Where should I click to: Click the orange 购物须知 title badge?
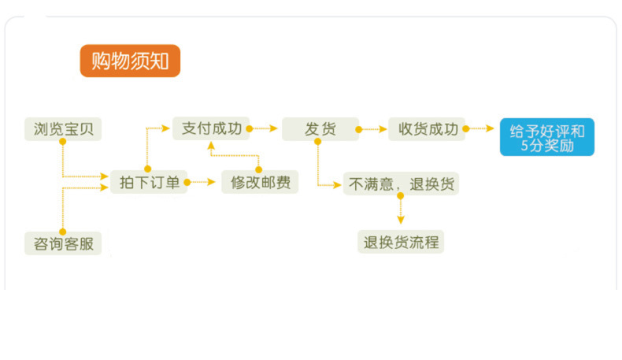130,61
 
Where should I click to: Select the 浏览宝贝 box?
63,129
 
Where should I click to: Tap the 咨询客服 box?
63,243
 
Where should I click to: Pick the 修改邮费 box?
260,183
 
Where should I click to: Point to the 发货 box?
320,129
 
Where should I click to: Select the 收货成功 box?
427,129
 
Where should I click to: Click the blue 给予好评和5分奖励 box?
547,137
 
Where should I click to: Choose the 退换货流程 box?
400,243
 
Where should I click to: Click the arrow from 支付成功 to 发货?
266,128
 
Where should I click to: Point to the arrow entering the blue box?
482,128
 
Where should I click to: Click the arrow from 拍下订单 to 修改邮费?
203,183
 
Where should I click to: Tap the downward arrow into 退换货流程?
400,214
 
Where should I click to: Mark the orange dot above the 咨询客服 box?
61,229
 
